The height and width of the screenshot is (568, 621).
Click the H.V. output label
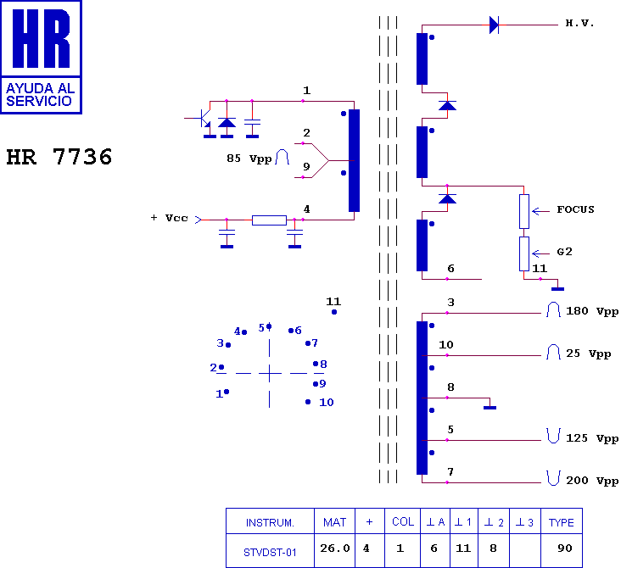[x=579, y=24]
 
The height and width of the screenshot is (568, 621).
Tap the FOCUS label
[x=575, y=209]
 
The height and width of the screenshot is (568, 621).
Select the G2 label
[x=564, y=252]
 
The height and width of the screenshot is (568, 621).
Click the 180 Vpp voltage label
[x=591, y=311]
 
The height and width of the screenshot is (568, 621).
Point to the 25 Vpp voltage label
[x=588, y=354]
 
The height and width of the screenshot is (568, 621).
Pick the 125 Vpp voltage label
[x=591, y=438]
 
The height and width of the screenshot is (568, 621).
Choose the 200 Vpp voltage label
[x=591, y=481]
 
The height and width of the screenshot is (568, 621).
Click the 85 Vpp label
[x=249, y=159]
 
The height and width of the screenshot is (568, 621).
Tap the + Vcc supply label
[x=169, y=218]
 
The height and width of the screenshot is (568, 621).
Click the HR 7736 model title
[x=59, y=157]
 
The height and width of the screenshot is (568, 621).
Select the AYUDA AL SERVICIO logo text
[x=40, y=95]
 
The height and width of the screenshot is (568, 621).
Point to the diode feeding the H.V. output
[x=494, y=25]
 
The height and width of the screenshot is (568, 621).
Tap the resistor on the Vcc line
[x=269, y=220]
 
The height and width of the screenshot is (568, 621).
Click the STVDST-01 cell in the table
[x=270, y=552]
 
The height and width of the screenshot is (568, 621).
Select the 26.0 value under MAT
[x=335, y=549]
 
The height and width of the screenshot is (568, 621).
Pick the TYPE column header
[x=562, y=522]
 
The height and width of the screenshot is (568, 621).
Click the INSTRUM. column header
[x=270, y=523]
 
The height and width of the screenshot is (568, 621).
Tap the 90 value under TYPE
[x=565, y=549]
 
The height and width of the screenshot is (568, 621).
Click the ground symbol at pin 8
[x=490, y=407]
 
